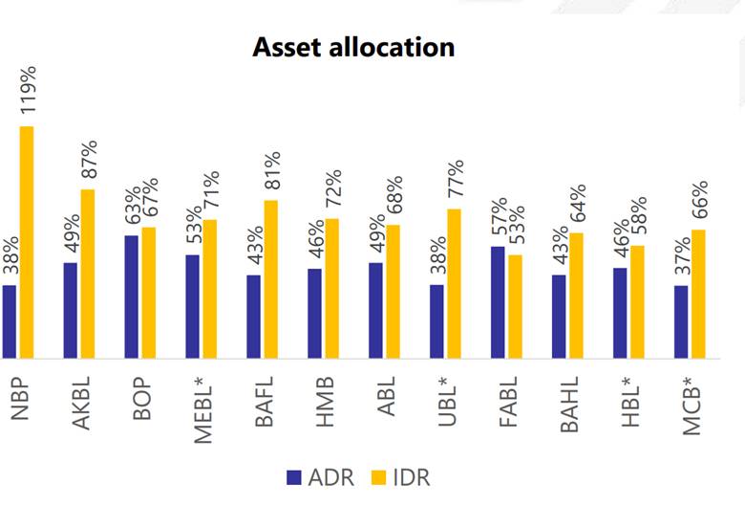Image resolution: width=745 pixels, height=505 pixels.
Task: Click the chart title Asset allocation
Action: click(353, 47)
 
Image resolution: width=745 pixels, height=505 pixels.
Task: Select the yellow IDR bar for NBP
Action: click(27, 242)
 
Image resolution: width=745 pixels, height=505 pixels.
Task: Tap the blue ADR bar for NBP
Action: click(9, 321)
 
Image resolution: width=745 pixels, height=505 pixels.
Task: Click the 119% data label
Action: click(28, 90)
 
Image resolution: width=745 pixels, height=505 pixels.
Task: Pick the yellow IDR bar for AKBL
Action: click(88, 274)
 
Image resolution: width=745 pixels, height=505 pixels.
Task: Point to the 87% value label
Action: click(89, 159)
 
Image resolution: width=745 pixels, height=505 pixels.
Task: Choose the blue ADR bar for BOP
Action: click(132, 297)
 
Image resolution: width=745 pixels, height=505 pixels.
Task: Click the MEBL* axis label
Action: click(203, 409)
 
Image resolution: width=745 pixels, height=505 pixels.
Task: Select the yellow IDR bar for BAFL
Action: click(271, 279)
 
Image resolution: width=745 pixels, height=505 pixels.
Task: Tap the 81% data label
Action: click(272, 170)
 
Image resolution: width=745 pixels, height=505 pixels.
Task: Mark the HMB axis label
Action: click(326, 402)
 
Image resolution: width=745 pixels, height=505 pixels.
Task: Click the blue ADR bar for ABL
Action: click(375, 310)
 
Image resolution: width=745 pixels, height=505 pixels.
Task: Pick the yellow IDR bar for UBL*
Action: click(455, 284)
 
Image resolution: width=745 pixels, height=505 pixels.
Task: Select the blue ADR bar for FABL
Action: click(498, 302)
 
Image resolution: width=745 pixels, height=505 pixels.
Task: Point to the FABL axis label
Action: click(508, 402)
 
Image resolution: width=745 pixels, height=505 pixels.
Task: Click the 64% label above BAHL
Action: click(578, 203)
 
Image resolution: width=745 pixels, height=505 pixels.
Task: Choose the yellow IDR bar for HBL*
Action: click(638, 302)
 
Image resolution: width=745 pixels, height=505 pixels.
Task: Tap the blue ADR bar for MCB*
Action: click(681, 321)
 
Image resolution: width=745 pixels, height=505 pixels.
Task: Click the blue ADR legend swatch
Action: click(294, 477)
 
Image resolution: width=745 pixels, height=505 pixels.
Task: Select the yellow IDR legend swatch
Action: click(378, 477)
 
